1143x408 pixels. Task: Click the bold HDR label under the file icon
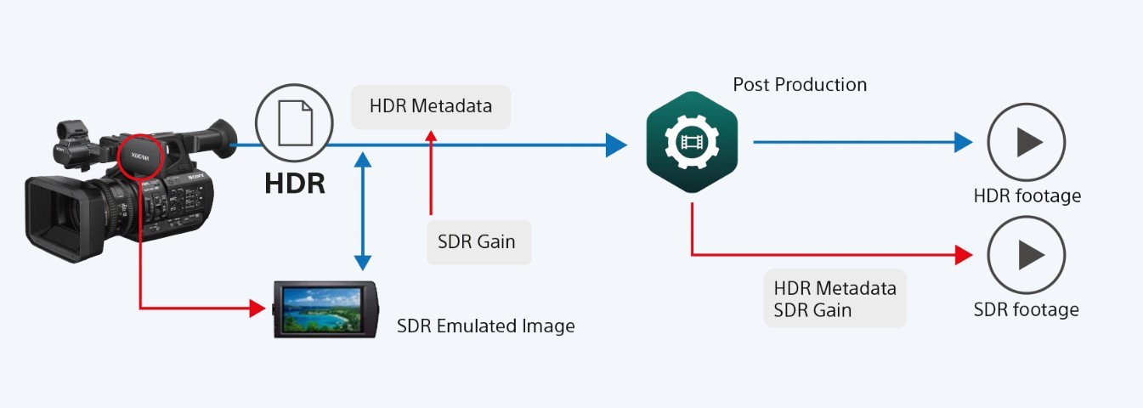pos(294,183)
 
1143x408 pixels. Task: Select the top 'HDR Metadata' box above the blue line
pos(430,107)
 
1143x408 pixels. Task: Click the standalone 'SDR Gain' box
pos(478,241)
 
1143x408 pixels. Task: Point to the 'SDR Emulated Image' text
pos(485,326)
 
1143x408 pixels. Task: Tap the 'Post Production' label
pos(800,85)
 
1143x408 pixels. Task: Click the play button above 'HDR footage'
pos(1026,143)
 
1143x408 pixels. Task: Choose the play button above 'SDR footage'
pos(1026,255)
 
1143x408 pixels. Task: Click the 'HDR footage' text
pos(1027,196)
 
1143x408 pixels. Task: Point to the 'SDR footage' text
pos(1026,309)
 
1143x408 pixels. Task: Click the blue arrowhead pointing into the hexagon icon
pos(616,144)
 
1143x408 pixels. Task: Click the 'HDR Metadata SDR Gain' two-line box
pos(835,298)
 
